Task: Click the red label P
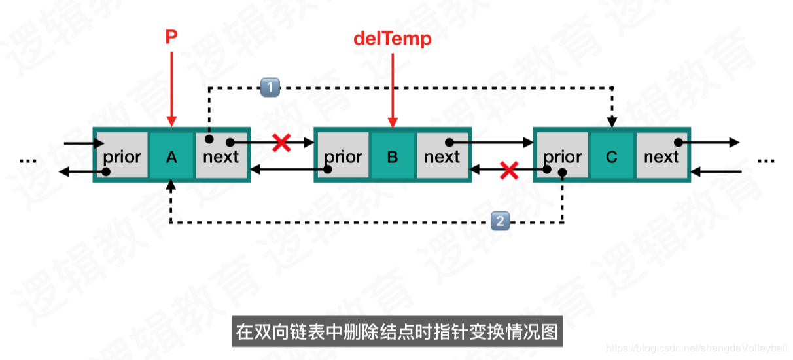pyautogui.click(x=171, y=37)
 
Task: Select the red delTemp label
pyautogui.click(x=393, y=39)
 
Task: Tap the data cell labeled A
pyautogui.click(x=171, y=156)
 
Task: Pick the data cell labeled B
pyautogui.click(x=393, y=156)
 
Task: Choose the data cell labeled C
pyautogui.click(x=612, y=156)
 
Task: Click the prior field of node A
pyautogui.click(x=122, y=156)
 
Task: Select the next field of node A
pyautogui.click(x=221, y=156)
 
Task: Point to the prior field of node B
pyautogui.click(x=343, y=156)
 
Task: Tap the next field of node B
pyautogui.click(x=442, y=156)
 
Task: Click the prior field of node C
pyautogui.click(x=563, y=156)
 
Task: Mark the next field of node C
pyautogui.click(x=661, y=156)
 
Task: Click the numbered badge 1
pyautogui.click(x=270, y=86)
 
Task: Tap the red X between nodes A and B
pyautogui.click(x=281, y=142)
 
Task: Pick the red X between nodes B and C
pyautogui.click(x=509, y=171)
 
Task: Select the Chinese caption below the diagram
pyautogui.click(x=396, y=332)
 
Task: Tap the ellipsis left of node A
pyautogui.click(x=28, y=159)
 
